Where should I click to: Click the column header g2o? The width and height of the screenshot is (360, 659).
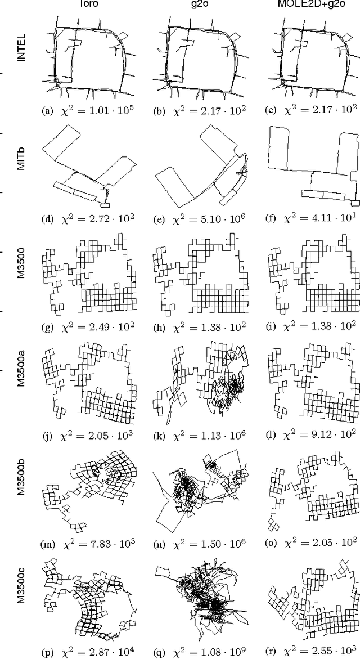point(202,4)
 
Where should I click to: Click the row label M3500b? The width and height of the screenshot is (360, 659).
point(21,490)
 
